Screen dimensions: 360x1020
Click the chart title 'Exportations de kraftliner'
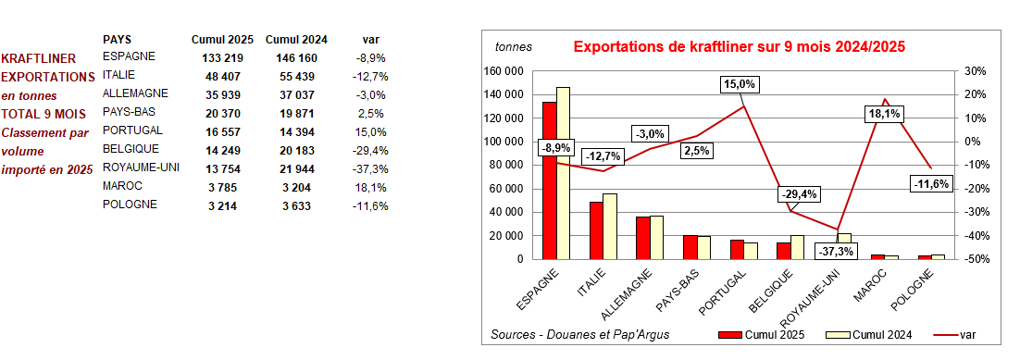(x=739, y=46)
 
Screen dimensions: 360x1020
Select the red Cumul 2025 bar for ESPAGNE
(x=549, y=180)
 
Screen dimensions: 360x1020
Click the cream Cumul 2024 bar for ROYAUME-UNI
(x=844, y=246)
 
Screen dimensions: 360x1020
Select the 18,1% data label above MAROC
(x=882, y=114)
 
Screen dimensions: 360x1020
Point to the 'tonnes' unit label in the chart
(x=514, y=46)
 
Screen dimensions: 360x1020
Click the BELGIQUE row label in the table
(x=131, y=148)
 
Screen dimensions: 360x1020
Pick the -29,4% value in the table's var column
(x=369, y=149)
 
